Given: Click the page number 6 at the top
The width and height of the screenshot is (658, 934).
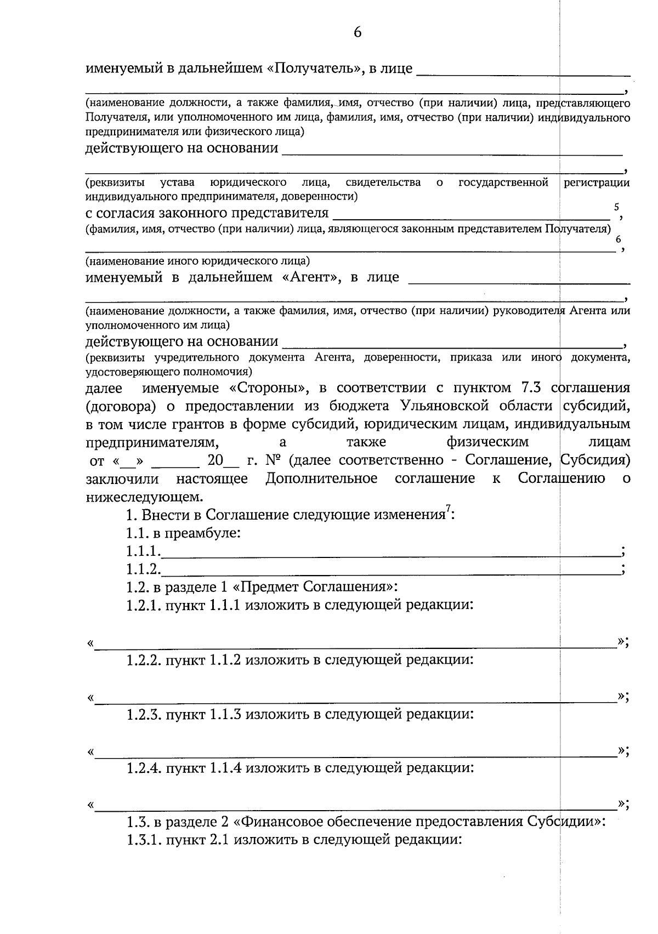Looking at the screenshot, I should point(358,33).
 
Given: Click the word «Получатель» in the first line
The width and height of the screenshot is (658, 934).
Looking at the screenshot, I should point(315,69).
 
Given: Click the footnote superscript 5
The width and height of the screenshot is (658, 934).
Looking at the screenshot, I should point(616,207).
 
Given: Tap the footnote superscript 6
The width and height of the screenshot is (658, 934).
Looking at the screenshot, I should point(619,240).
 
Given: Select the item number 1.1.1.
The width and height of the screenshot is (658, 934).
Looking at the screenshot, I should point(143,551).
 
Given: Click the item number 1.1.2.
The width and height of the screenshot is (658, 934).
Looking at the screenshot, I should point(143,569).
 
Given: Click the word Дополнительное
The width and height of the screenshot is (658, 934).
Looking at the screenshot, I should point(321,479).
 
